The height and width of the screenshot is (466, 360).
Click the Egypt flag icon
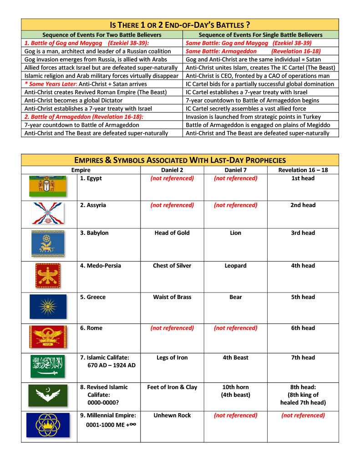pos(48,186)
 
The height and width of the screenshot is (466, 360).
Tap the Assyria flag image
pos(48,213)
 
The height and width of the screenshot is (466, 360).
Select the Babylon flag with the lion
pos(48,244)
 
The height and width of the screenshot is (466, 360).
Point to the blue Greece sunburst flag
pos(48,306)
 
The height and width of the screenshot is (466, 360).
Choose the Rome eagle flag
pos(48,337)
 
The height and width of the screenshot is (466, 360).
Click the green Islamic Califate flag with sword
pos(48,366)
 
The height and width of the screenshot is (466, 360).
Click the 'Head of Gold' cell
pos(172,233)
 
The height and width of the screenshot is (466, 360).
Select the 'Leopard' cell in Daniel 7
pos(235,266)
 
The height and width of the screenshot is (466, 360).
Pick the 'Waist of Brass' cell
pos(172,297)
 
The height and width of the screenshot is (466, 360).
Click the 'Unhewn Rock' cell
pos(172,415)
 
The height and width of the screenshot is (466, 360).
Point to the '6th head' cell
pos(303,328)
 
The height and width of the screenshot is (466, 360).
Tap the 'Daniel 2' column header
pos(172,170)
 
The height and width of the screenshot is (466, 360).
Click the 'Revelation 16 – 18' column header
pos(303,170)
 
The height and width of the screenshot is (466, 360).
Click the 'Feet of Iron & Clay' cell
pos(172,387)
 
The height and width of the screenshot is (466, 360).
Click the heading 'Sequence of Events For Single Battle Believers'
pos(261,35)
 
